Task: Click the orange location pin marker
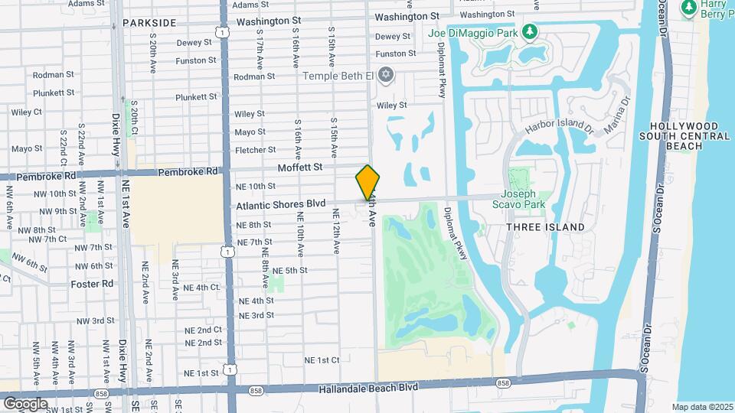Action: (x=367, y=183)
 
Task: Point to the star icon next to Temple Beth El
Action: (x=387, y=74)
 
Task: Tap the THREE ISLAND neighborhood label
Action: (x=545, y=227)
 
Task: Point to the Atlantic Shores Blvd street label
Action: (x=281, y=205)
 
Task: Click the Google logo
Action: (x=26, y=403)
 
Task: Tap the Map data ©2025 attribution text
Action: (x=702, y=407)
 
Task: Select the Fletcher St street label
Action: (x=255, y=150)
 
